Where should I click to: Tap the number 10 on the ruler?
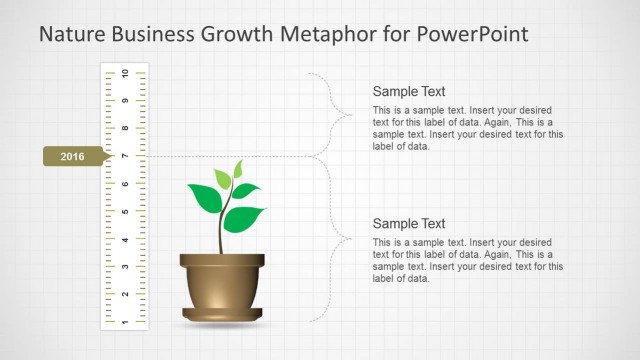[x=125, y=74]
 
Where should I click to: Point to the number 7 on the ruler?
[x=125, y=156]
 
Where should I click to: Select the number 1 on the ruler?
[x=125, y=322]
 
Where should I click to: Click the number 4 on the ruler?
[x=125, y=239]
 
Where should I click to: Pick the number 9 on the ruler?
[x=125, y=101]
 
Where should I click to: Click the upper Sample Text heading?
[x=408, y=90]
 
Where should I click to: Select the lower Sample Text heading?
[x=408, y=223]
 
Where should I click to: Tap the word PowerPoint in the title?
[x=468, y=35]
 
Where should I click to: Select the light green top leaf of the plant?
[x=237, y=169]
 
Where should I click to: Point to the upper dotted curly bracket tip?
[x=351, y=114]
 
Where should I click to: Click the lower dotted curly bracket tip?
[x=351, y=239]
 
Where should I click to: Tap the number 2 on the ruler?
[x=125, y=294]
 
